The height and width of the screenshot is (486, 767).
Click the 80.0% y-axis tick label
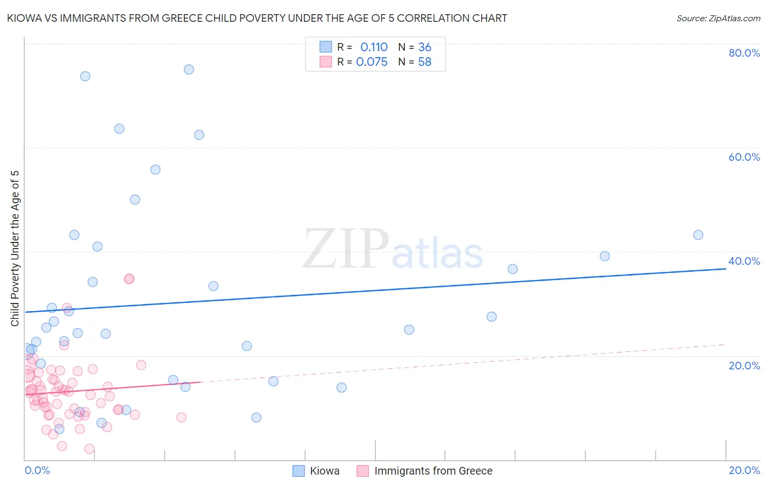click(744, 53)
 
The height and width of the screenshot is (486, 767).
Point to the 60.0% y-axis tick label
click(744, 157)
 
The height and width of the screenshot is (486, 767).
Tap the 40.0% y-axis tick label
click(744, 261)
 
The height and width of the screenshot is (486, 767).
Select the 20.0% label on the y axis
click(744, 365)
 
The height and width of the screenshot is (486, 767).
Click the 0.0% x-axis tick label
click(37, 470)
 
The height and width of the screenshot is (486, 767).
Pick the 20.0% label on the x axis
click(744, 470)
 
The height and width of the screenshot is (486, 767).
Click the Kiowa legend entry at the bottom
click(325, 471)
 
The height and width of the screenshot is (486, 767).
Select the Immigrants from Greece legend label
click(433, 471)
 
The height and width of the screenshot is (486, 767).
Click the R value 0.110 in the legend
click(374, 47)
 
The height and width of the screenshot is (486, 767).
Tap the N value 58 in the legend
click(424, 62)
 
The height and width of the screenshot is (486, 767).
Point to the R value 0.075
click(371, 62)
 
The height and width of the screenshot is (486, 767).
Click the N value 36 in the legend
click(424, 47)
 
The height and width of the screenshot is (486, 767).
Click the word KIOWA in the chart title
click(23, 19)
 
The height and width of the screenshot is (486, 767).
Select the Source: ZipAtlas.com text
click(718, 19)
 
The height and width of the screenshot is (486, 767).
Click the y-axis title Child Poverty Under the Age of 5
click(15, 248)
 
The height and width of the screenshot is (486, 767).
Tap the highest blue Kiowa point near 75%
click(189, 69)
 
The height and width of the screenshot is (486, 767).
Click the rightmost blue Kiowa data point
click(698, 235)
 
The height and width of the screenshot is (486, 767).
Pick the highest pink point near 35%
click(129, 278)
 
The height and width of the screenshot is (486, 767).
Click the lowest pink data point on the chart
click(89, 449)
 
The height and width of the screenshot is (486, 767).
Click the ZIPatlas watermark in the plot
click(393, 250)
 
